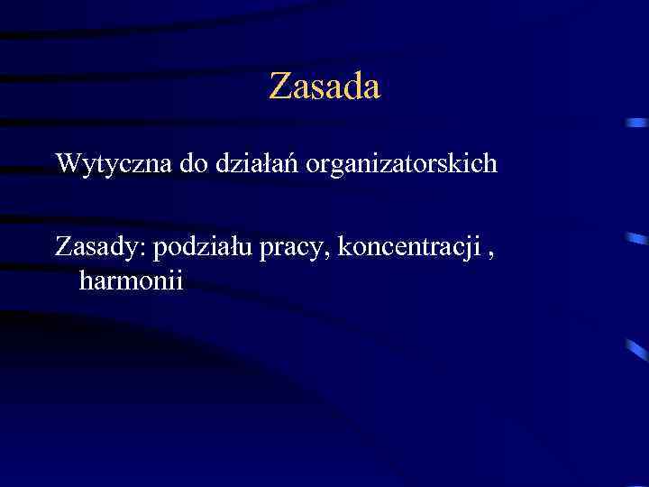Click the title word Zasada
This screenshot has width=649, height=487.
click(x=324, y=87)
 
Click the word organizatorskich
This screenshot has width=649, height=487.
click(x=401, y=163)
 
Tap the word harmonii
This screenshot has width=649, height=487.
click(x=131, y=280)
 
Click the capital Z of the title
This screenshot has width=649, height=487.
click(x=279, y=87)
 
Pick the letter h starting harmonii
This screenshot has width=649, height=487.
click(x=86, y=280)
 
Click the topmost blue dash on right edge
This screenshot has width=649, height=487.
click(x=636, y=123)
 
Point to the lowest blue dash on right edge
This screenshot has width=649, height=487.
click(x=636, y=351)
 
